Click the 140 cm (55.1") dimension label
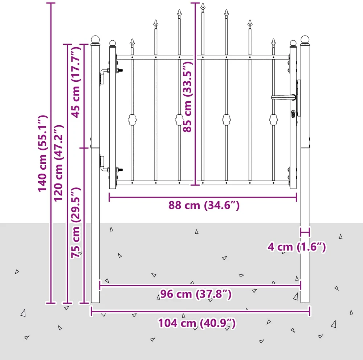pyautogui.click(x=43, y=153)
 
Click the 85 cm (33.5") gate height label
pyautogui.click(x=188, y=97)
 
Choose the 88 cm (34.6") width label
pyautogui.click(x=204, y=205)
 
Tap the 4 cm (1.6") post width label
pyautogui.click(x=297, y=247)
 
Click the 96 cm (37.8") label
pyautogui.click(x=196, y=294)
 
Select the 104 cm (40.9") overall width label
pyautogui.click(x=197, y=323)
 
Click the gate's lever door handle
pyautogui.click(x=284, y=97)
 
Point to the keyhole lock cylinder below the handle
pyautogui.click(x=293, y=114)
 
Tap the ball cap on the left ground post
pyautogui.click(x=95, y=40)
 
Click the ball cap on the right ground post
pyautogui.click(x=305, y=40)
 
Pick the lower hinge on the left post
pyautogui.click(x=105, y=164)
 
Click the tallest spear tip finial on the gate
pyautogui.click(x=203, y=7)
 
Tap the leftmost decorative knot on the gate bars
pyautogui.click(x=132, y=120)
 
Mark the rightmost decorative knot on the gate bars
pyautogui.click(x=273, y=120)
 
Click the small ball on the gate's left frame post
pyautogui.click(x=113, y=43)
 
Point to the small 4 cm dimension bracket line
pyautogui.click(x=305, y=232)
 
